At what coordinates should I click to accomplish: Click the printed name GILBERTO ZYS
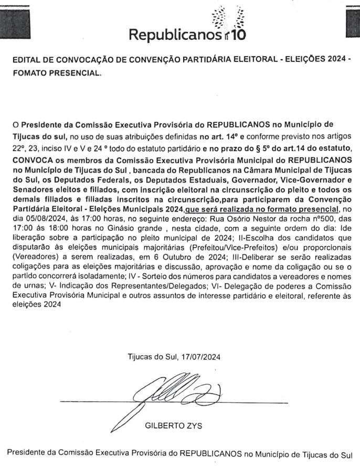coord(170,425)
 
